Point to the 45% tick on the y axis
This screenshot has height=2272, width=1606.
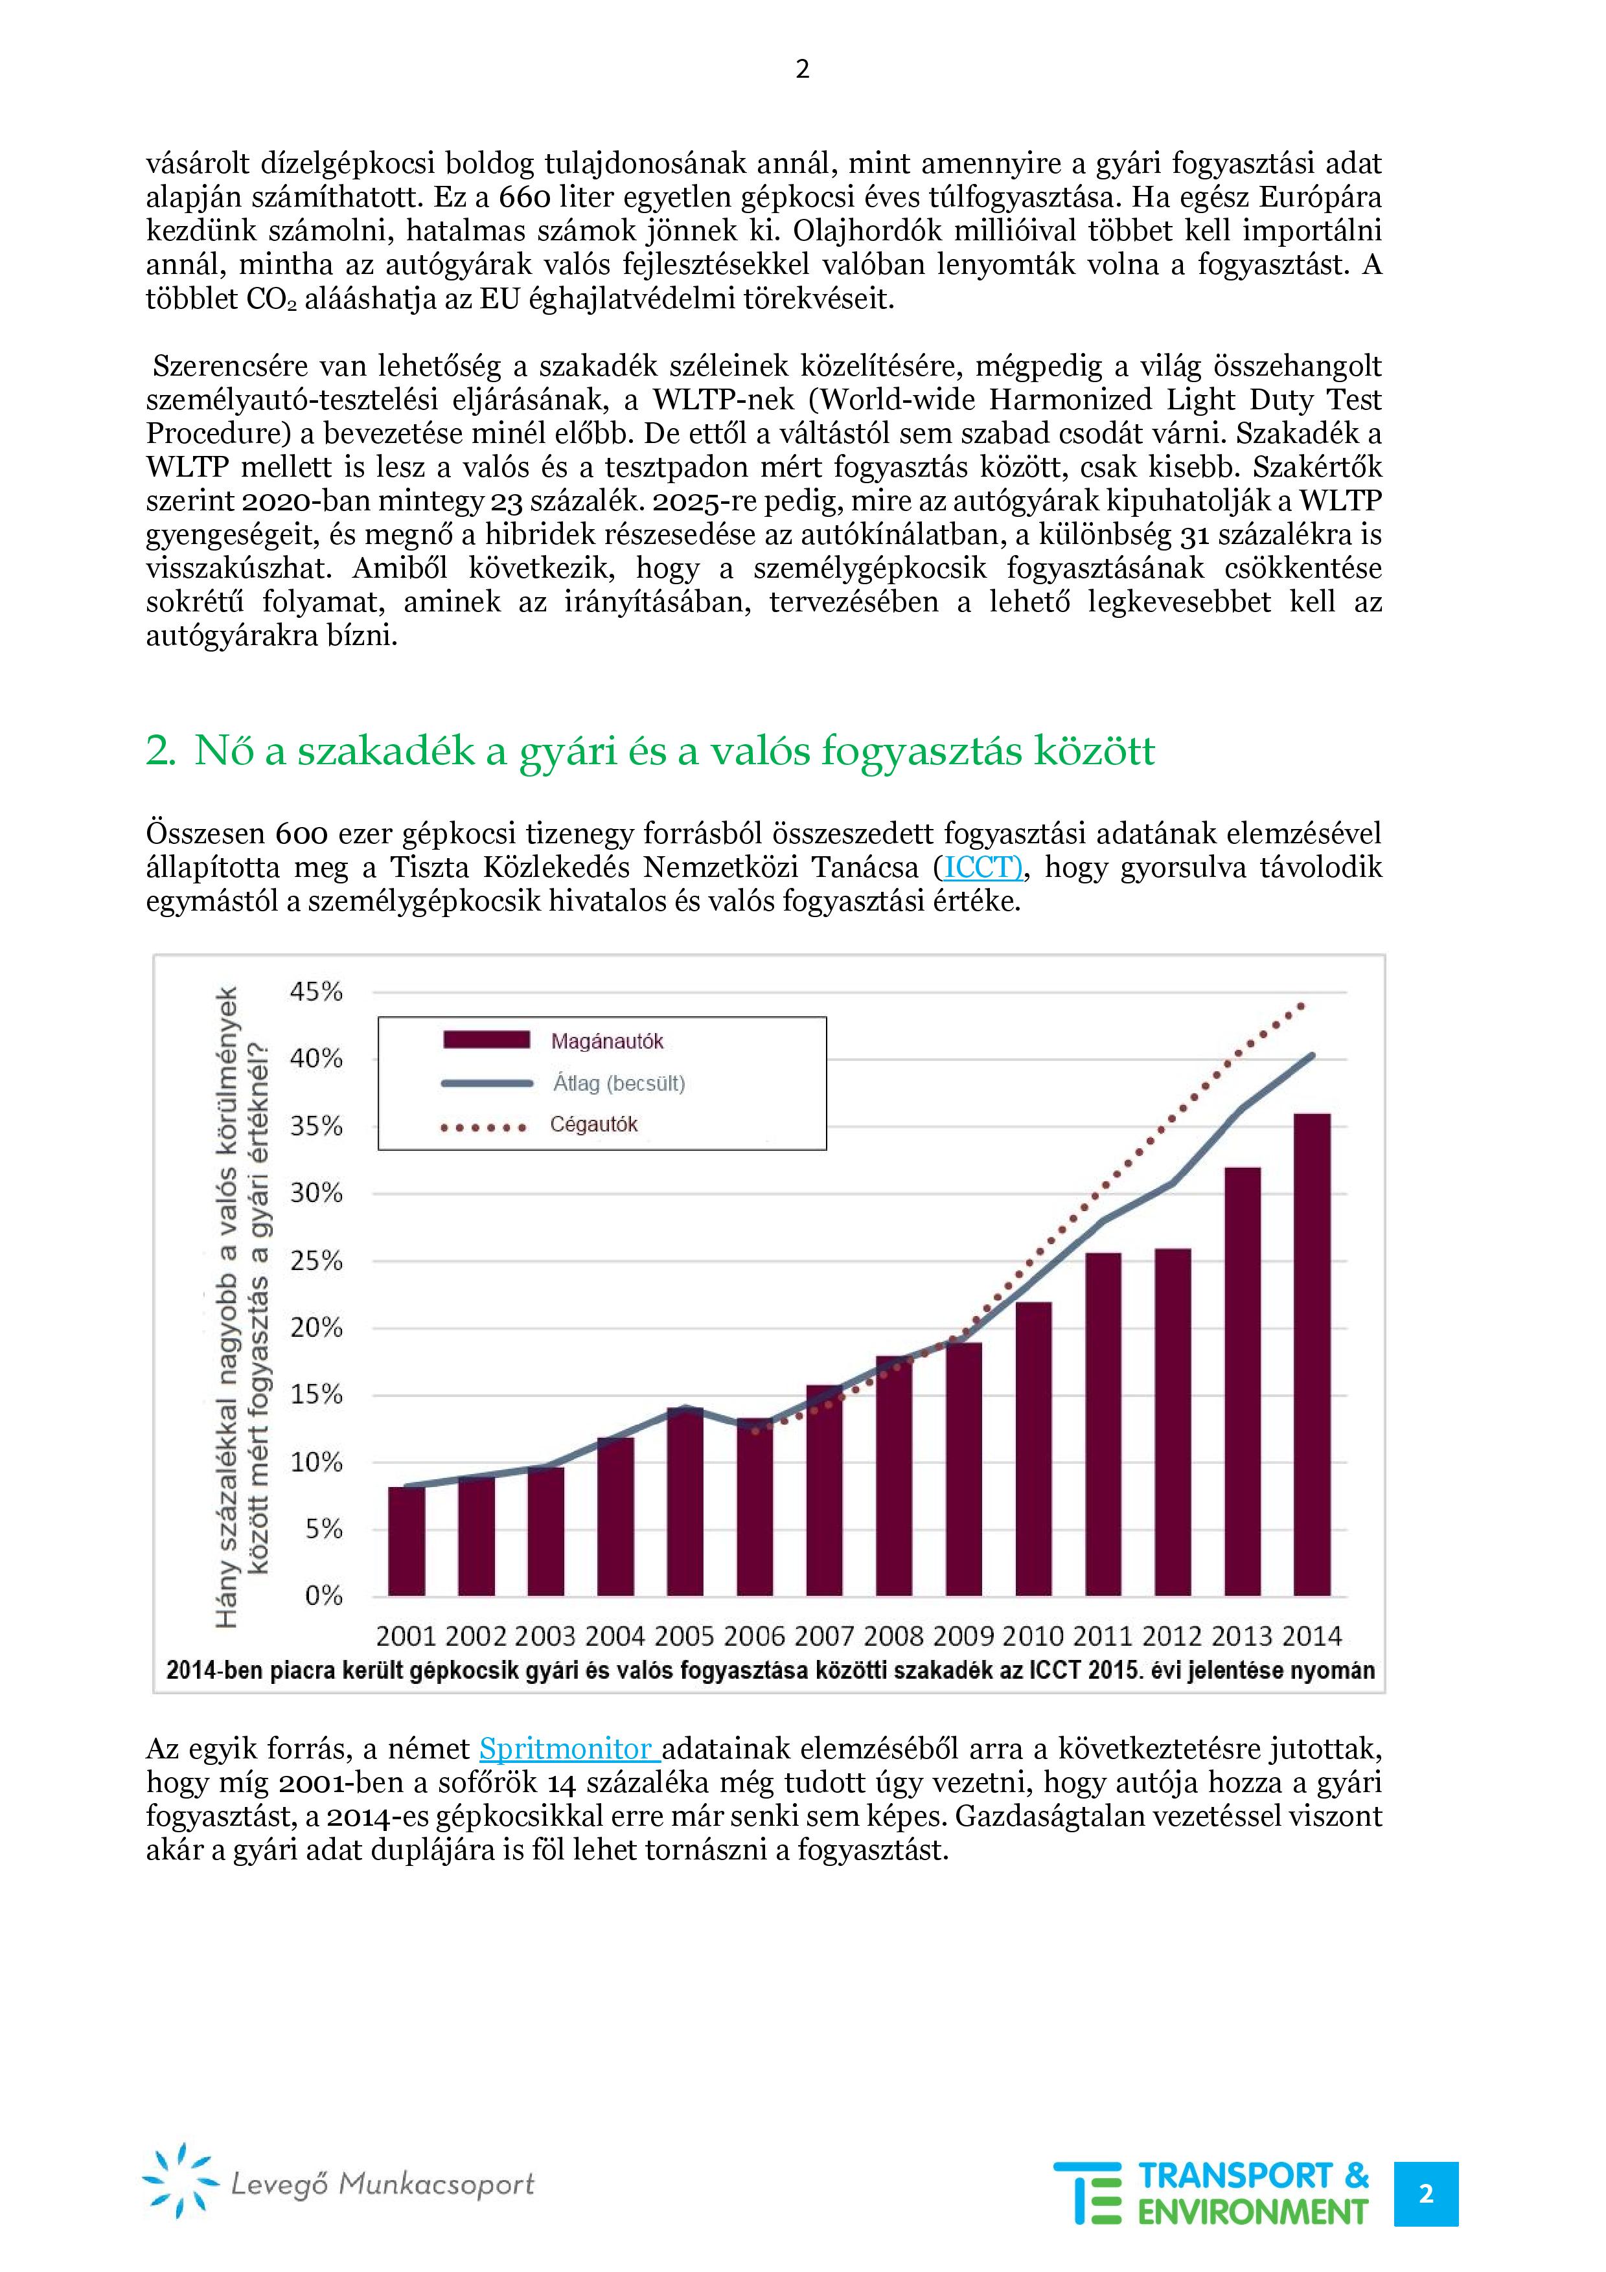coord(315,992)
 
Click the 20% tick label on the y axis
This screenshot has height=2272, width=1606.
coord(315,1327)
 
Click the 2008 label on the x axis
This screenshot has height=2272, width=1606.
coord(893,1636)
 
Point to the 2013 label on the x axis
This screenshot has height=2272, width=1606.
coord(1242,1636)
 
